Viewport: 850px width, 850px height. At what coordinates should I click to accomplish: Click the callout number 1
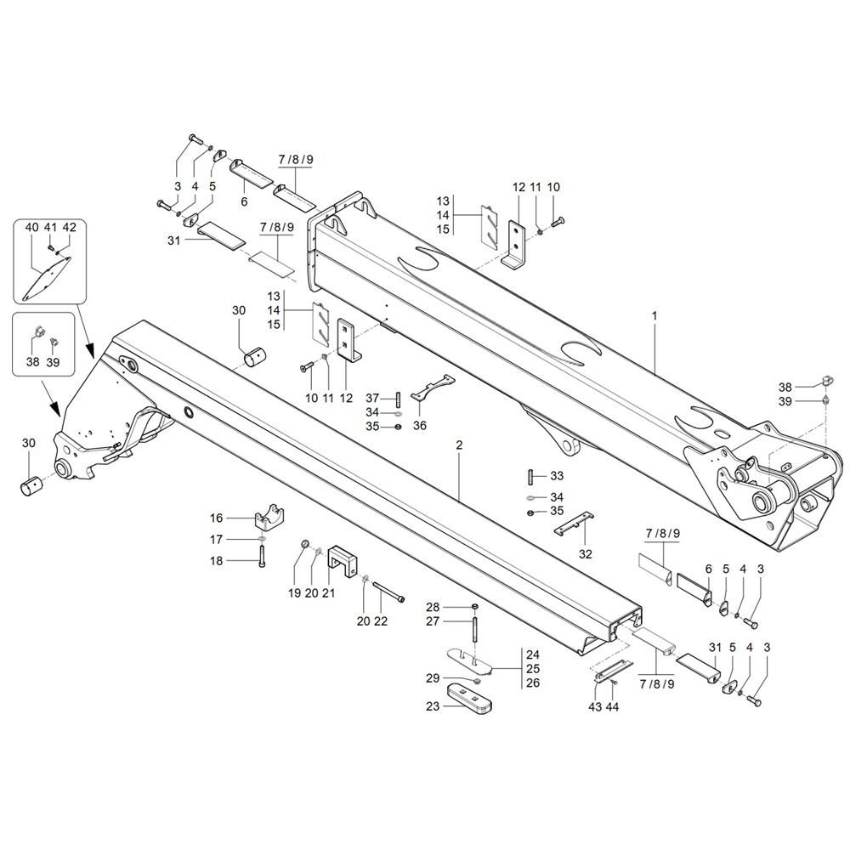654,315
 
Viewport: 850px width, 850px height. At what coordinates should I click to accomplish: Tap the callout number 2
459,445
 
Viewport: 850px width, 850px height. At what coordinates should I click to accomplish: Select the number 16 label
217,518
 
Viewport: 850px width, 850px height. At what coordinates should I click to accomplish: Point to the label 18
217,561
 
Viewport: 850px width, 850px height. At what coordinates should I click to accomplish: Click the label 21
328,594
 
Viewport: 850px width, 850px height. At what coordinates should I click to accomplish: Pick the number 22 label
380,621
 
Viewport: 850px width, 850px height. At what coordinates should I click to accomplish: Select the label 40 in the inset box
32,228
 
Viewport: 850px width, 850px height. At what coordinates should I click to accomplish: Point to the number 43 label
595,707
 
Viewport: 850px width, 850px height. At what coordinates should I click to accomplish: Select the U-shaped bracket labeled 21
343,560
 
